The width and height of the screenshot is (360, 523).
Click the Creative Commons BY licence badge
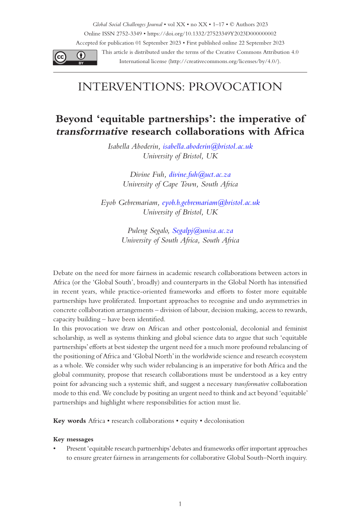click(x=75, y=58)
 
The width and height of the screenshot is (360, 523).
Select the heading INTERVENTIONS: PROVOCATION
click(x=180, y=87)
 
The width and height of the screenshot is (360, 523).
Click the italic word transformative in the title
click(x=92, y=132)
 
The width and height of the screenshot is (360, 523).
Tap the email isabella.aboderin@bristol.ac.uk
click(x=208, y=146)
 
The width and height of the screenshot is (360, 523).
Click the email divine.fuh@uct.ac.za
click(x=200, y=174)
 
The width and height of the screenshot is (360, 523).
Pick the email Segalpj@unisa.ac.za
click(x=203, y=231)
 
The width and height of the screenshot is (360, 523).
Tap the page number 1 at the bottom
click(x=180, y=504)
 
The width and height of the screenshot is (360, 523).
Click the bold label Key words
click(x=69, y=421)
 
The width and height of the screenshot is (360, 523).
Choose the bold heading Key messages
click(x=73, y=439)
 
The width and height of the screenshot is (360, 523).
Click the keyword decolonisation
click(x=224, y=421)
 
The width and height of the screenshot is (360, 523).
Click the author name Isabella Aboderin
click(x=134, y=146)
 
